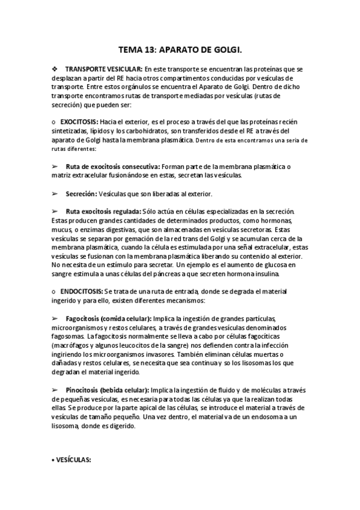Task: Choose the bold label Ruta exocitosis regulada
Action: [104, 212]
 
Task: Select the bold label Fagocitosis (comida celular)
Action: [109, 318]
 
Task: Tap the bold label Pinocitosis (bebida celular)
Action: [108, 390]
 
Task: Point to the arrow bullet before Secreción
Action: [55, 194]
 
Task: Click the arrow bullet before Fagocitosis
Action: [55, 318]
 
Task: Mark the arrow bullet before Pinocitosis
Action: [55, 390]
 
